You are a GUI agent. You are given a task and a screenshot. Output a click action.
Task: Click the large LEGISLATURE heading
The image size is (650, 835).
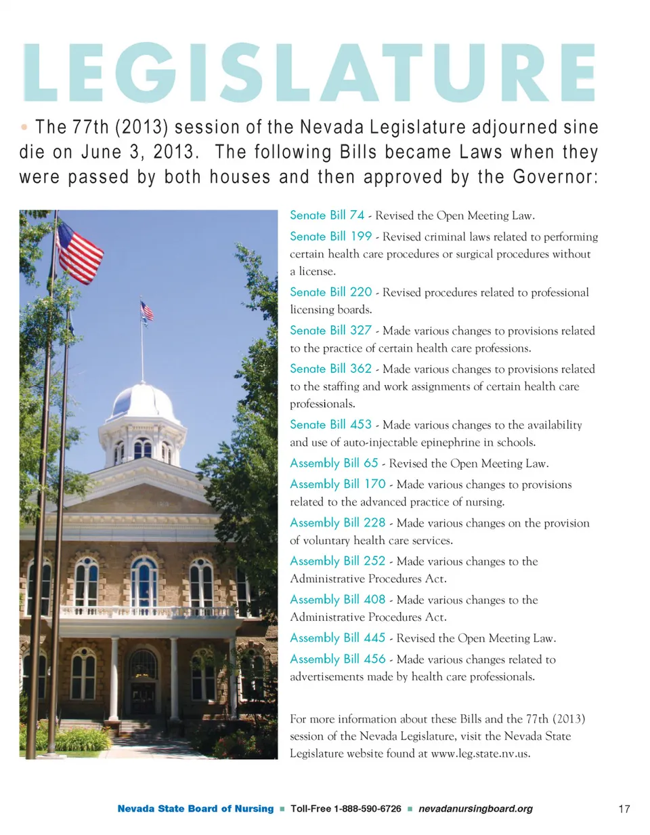pos(309,73)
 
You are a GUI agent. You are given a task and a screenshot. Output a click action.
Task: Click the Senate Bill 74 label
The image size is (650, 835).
pos(328,216)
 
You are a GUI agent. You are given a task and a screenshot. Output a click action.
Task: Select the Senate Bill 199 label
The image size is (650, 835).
pos(331,237)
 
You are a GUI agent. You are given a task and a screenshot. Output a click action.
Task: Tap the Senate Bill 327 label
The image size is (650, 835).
pos(331,331)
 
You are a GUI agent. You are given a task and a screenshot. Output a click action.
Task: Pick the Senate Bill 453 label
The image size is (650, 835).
pos(331,424)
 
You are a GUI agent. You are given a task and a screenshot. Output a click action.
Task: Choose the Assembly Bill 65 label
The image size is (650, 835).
pos(334,464)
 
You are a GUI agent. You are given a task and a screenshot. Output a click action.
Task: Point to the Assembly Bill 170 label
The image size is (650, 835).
pos(338,484)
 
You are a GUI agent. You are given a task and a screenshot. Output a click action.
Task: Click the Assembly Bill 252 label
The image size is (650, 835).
pos(338,561)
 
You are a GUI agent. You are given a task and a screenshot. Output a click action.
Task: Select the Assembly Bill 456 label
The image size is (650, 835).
pos(338,659)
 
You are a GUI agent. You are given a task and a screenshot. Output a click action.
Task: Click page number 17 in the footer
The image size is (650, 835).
pos(624,809)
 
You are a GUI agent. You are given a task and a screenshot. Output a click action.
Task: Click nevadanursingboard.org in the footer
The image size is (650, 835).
pos(475,809)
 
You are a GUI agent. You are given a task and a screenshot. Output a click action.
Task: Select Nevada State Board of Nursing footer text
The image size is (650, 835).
pos(196,809)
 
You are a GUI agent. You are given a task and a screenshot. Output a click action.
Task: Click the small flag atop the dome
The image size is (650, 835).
pos(147,311)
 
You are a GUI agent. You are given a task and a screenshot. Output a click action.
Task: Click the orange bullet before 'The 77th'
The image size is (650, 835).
pos(24,127)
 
